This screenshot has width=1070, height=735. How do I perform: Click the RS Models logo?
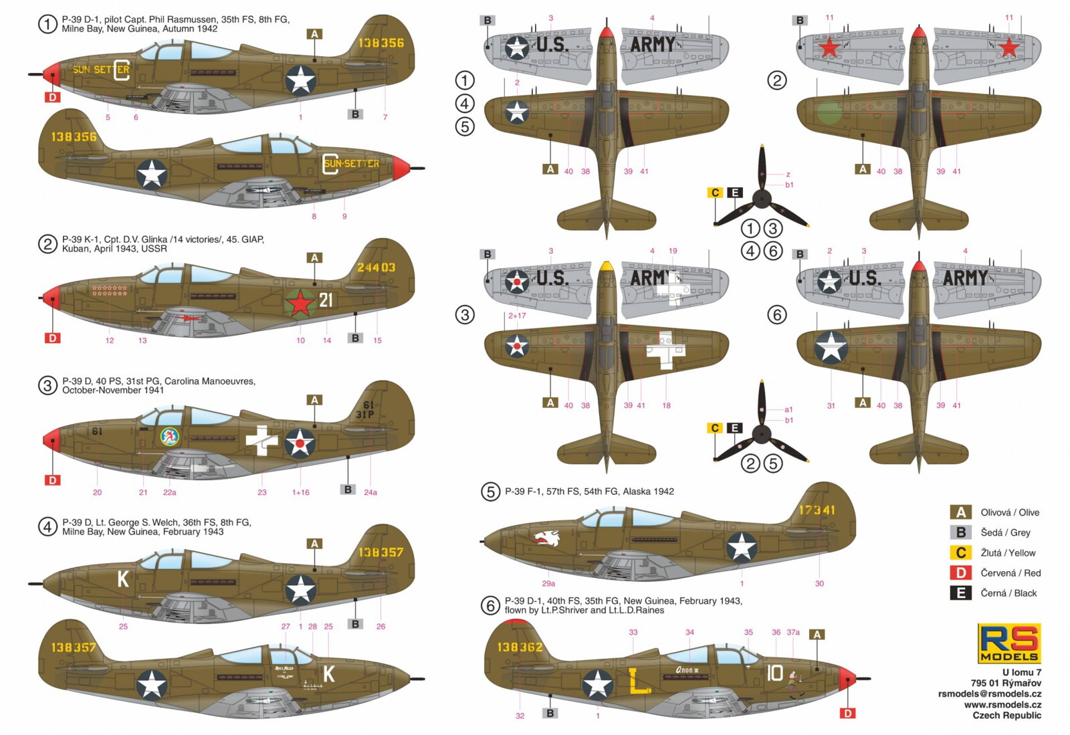[x=1008, y=643]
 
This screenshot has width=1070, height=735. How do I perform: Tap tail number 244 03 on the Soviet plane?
[x=376, y=268]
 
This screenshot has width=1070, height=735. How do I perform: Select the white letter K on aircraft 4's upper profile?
[x=123, y=579]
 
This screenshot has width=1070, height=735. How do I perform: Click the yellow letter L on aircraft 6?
[x=639, y=681]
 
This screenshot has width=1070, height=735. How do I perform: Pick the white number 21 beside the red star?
[x=326, y=300]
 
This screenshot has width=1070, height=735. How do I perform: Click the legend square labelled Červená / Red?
[x=960, y=573]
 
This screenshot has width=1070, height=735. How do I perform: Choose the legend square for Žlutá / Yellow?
[x=960, y=553]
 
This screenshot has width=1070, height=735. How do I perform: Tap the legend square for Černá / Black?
[x=960, y=593]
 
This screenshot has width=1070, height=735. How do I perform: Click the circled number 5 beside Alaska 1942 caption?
[x=490, y=492]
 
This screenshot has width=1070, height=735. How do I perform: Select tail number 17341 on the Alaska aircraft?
[x=817, y=510]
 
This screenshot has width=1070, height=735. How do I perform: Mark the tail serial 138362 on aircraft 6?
[x=520, y=647]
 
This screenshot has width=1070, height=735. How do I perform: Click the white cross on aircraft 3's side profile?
[x=261, y=440]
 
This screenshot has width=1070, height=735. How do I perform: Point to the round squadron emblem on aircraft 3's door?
[x=170, y=437]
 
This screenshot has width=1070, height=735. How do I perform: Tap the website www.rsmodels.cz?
[x=1002, y=705]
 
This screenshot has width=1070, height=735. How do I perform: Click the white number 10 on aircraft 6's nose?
[x=774, y=673]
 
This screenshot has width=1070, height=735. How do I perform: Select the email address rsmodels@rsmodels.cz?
[x=989, y=694]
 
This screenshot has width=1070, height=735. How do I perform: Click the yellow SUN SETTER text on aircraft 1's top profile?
[x=100, y=70]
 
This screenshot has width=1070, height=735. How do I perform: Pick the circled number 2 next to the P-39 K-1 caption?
[x=47, y=244]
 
